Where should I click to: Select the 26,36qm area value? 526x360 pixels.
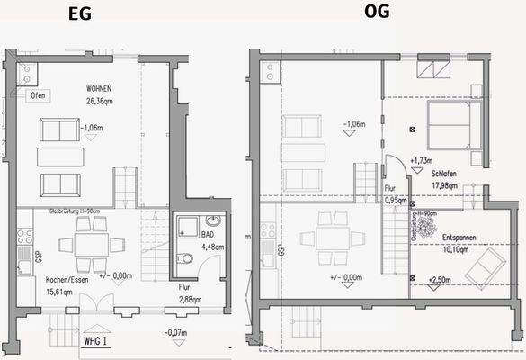pyautogui.click(x=101, y=102)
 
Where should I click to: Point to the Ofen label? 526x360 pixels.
pyautogui.click(x=39, y=94)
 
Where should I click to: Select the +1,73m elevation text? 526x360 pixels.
pyautogui.click(x=421, y=162)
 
